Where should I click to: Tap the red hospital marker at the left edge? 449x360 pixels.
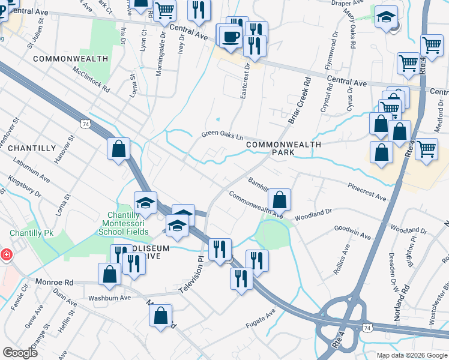click(x=5, y=255)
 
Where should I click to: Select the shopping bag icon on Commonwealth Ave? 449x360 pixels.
click(x=279, y=199)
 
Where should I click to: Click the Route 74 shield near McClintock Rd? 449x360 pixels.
click(x=85, y=123)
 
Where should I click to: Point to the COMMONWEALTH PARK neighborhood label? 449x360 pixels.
click(x=283, y=149)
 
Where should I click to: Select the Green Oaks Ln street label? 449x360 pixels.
click(x=221, y=135)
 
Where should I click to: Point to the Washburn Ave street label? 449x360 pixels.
click(x=109, y=298)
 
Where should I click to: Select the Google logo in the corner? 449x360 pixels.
click(x=20, y=353)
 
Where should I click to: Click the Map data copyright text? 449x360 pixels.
click(x=411, y=355)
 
